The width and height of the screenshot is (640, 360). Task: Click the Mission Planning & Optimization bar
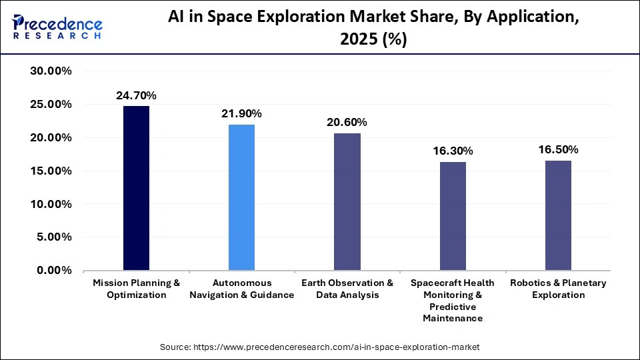point(136,188)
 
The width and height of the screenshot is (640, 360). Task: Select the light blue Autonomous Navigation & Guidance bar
point(241,197)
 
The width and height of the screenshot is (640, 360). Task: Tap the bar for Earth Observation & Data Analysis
point(347,202)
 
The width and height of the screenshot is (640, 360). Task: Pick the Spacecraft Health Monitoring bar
point(453,216)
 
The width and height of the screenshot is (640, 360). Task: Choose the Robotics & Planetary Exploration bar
point(558,215)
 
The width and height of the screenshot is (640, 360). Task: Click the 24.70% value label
point(136,96)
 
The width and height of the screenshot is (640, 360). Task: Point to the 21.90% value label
point(241,114)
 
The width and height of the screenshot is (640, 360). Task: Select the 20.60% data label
point(347,123)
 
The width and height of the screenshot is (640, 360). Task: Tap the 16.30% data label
point(453,151)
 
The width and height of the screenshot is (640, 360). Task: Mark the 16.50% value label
point(558,150)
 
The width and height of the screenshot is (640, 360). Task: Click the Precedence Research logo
point(57,26)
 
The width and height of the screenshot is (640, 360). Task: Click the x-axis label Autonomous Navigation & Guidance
point(241,289)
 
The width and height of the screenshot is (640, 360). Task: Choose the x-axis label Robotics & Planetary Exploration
point(558,289)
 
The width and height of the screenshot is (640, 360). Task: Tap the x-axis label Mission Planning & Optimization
point(136,289)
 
